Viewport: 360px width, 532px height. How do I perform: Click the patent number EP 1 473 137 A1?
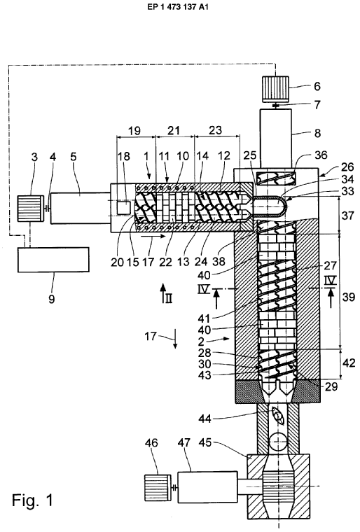pos(178,7)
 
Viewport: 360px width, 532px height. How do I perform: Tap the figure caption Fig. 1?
pos(33,500)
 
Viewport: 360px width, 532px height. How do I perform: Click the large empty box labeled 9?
pos(54,260)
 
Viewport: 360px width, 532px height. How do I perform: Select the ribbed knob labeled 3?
pos(32,209)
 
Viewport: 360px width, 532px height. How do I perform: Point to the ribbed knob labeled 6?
pos(275,89)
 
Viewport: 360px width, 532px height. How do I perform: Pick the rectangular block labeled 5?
pos(80,209)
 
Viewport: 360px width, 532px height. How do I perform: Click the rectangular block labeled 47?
pos(207,487)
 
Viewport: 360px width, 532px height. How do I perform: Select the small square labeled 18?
pos(124,207)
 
